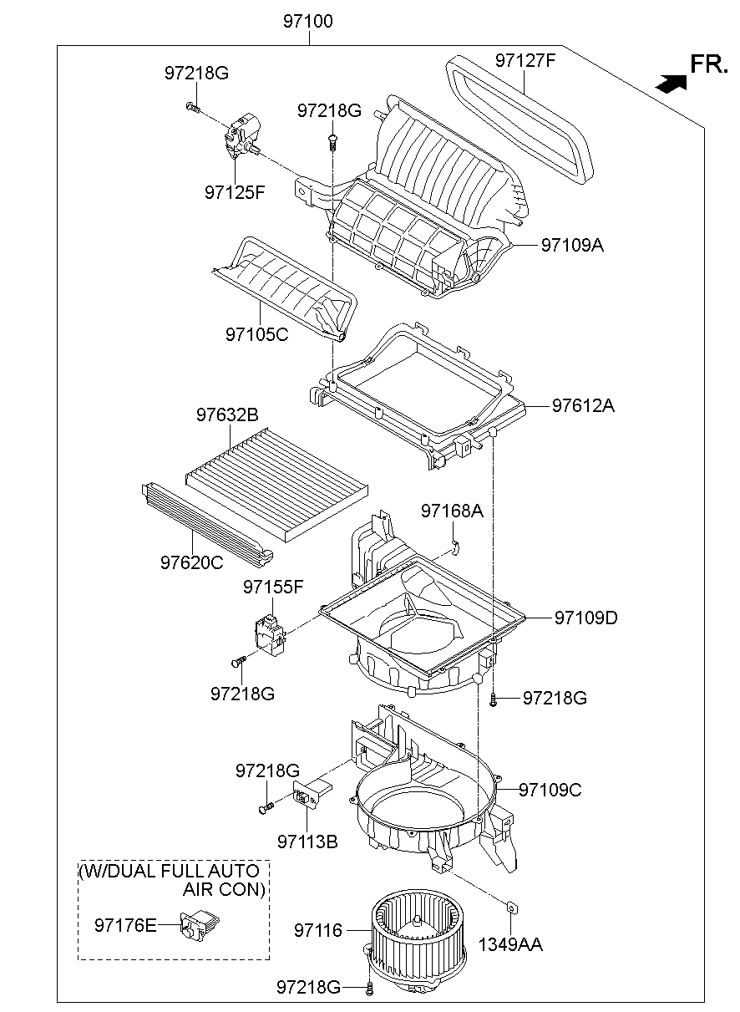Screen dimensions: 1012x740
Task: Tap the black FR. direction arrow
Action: coord(671,83)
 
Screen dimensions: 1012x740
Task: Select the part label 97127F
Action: coord(525,61)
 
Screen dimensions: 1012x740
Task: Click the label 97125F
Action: coord(235,192)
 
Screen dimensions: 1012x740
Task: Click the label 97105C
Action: coord(256,334)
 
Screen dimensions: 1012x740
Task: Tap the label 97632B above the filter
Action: coord(227,414)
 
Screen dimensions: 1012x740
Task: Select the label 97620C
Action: coord(192,562)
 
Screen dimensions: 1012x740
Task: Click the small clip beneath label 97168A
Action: coord(455,547)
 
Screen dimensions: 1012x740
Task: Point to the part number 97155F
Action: coord(273,587)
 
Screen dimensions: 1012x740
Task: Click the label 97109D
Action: coord(585,618)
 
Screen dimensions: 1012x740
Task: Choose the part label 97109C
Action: coord(550,789)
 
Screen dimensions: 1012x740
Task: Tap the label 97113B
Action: coord(308,842)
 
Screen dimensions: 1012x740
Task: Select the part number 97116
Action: coord(318,929)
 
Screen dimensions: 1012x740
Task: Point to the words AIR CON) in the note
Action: coord(224,889)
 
